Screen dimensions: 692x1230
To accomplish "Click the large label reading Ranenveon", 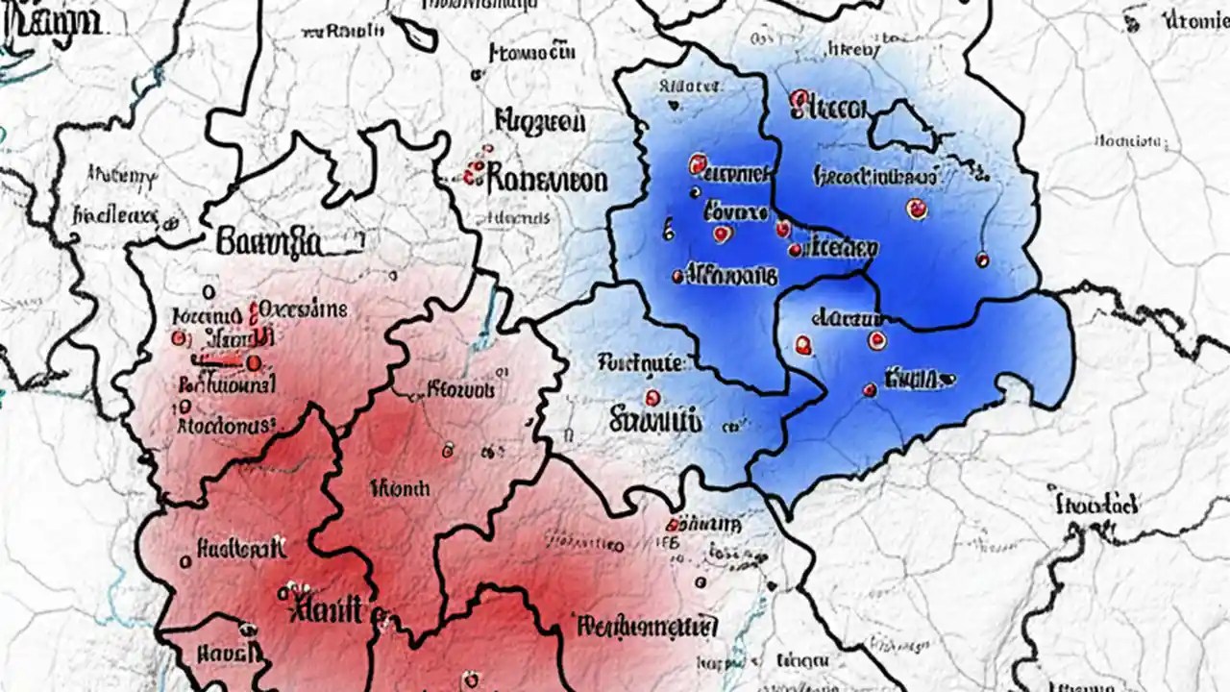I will pyautogui.click(x=546, y=179).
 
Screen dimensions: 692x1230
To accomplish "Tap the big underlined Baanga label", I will pyautogui.click(x=269, y=240).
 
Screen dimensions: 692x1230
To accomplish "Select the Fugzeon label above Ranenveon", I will pyautogui.click(x=539, y=122).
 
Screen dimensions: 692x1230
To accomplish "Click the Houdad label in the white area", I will pyautogui.click(x=1096, y=504).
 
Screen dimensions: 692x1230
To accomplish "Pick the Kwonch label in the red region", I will pyautogui.click(x=399, y=488).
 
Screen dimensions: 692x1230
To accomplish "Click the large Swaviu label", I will pyautogui.click(x=655, y=420).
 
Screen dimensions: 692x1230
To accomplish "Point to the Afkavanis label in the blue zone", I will pyautogui.click(x=729, y=276).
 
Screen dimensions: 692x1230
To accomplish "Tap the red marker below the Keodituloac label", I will pyautogui.click(x=916, y=208).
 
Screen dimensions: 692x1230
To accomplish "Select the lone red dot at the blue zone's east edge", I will pyautogui.click(x=982, y=259).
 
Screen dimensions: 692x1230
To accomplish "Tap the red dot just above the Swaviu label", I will pyautogui.click(x=652, y=397).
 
